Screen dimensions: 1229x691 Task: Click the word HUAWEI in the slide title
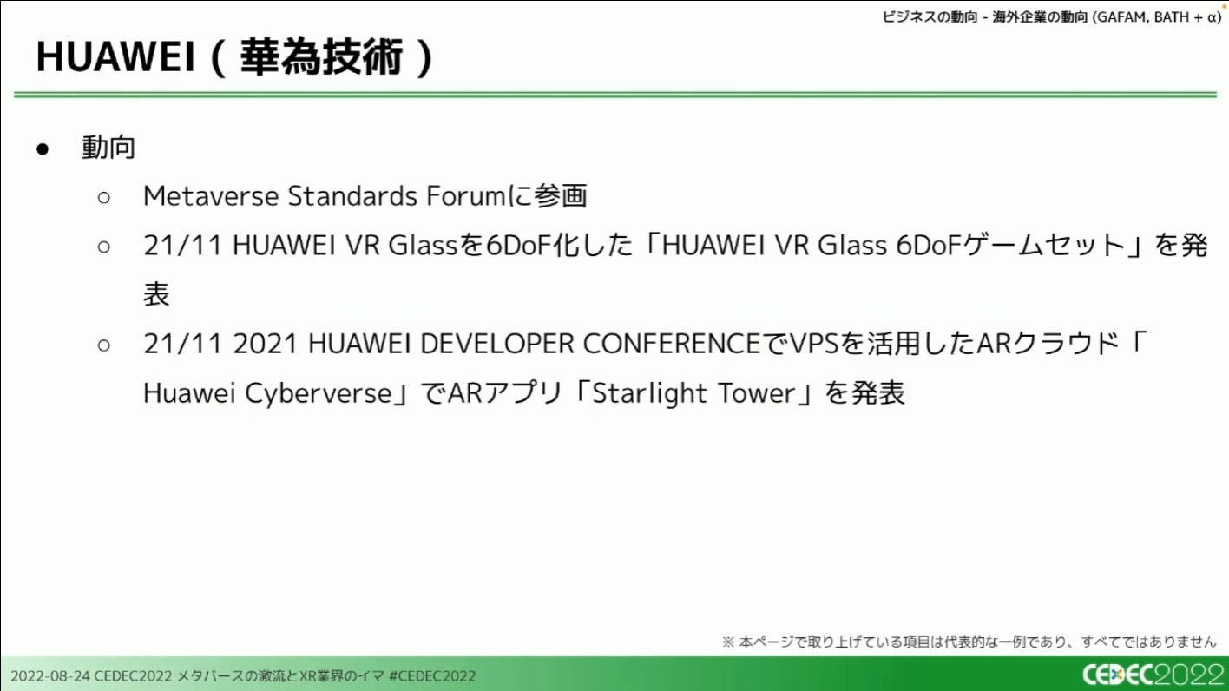115,56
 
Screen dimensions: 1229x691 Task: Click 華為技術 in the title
321,56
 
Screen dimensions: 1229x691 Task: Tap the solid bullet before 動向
43,148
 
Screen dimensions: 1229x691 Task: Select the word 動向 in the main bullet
108,148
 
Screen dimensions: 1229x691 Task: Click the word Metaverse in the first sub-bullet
211,196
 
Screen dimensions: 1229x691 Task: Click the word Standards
352,196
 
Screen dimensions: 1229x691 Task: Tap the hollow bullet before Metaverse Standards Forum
103,198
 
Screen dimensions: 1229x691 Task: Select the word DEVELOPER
496,344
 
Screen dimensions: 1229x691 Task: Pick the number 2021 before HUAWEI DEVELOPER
265,344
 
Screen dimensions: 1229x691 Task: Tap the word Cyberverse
319,394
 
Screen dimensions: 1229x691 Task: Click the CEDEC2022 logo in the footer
1153,675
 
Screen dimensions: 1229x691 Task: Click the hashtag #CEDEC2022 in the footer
431,675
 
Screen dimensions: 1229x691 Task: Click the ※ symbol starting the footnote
728,642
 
